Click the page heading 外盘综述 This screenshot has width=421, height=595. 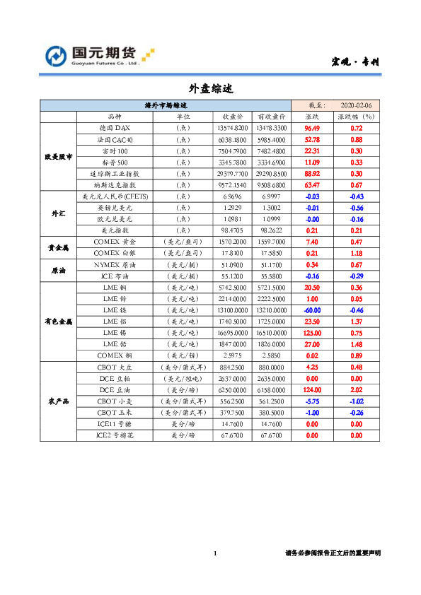(210, 89)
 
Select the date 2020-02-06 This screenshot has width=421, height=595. (356, 105)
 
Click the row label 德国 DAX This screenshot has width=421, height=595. (115, 129)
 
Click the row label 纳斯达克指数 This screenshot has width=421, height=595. (115, 184)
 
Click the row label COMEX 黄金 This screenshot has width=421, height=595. (115, 242)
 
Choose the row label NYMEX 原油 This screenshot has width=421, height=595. (115, 264)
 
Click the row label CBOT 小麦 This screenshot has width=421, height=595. (115, 401)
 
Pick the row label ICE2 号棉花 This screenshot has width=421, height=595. (115, 435)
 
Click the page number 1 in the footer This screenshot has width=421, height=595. (214, 553)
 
